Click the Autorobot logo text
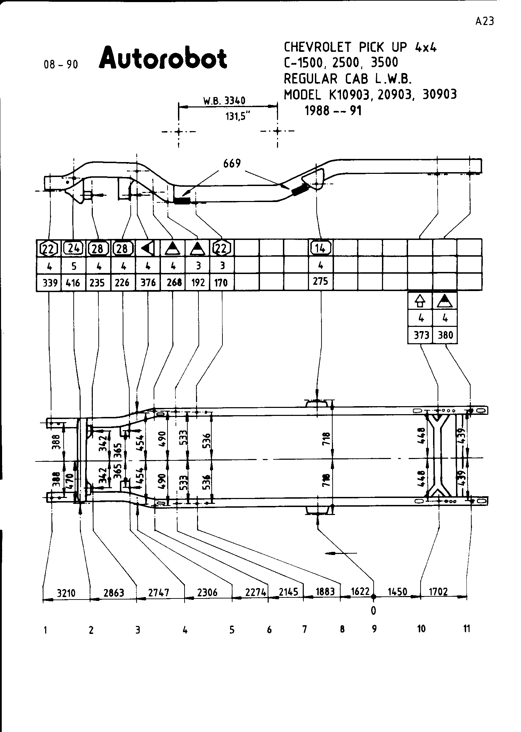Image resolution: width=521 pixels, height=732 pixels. (x=163, y=57)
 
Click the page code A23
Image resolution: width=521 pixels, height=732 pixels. (x=484, y=22)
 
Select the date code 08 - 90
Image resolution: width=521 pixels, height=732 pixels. (x=61, y=65)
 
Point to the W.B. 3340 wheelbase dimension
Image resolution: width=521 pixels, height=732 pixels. (x=224, y=101)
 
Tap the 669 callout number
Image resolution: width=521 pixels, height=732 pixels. (x=232, y=163)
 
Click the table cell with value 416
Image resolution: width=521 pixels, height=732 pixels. (x=73, y=283)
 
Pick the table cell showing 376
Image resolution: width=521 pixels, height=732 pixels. (x=148, y=283)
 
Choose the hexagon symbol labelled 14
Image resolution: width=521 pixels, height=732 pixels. (x=320, y=248)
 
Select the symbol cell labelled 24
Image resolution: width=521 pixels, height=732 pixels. (x=73, y=248)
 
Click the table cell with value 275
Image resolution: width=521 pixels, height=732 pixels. (x=320, y=281)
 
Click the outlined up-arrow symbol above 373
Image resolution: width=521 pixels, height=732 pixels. (x=420, y=301)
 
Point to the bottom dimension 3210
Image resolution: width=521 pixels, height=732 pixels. (x=66, y=592)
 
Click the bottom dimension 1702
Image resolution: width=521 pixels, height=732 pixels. (x=438, y=592)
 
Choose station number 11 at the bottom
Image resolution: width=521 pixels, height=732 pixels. (x=466, y=629)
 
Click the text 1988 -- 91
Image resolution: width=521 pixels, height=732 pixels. (x=333, y=111)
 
